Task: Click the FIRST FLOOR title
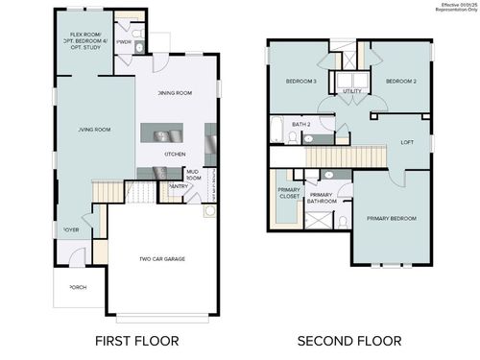click(136, 341)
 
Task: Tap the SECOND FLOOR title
click(348, 341)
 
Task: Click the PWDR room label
click(123, 42)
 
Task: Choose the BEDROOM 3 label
click(301, 82)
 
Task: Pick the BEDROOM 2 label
click(400, 82)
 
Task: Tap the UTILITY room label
click(351, 91)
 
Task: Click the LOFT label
click(407, 142)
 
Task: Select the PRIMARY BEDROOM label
click(392, 218)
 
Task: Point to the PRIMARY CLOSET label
click(290, 192)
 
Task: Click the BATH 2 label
click(301, 125)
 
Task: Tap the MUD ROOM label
click(193, 176)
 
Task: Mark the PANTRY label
click(177, 187)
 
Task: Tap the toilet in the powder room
click(138, 45)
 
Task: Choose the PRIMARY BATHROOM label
click(321, 199)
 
